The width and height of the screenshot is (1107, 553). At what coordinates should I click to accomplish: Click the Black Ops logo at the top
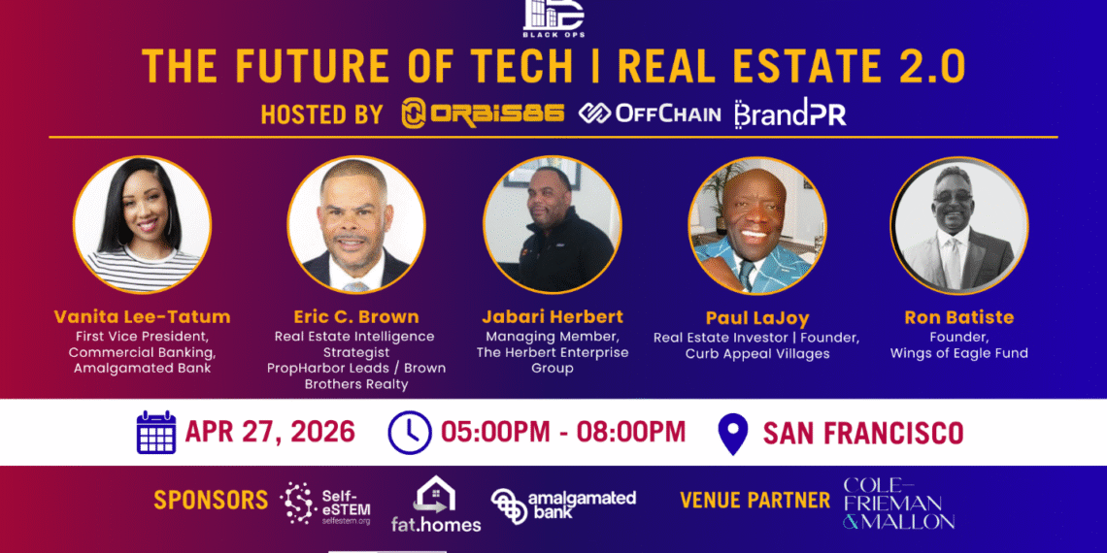coord(554,18)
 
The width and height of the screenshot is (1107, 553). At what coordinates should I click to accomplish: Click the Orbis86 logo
coord(483,114)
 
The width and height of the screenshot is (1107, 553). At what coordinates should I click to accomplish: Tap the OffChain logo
coord(650,114)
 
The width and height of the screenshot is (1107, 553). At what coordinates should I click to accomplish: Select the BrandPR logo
coord(790,114)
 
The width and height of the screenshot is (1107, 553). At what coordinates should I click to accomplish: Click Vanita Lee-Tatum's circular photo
coord(142,223)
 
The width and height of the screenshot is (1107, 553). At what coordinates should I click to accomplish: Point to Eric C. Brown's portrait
coord(355,223)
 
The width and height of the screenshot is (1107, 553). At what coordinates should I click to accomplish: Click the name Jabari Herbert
coord(553,315)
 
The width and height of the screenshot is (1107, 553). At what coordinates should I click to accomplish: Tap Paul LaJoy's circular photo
coord(757,224)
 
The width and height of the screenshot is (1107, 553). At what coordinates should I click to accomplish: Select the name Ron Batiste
coord(958,317)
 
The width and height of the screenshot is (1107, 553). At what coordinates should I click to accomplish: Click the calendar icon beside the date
coord(156,433)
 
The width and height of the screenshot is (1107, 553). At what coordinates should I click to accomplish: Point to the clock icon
coord(410,433)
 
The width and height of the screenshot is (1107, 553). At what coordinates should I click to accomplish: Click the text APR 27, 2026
coord(270,433)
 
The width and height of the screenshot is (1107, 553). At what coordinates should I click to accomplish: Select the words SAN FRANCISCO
coord(862,433)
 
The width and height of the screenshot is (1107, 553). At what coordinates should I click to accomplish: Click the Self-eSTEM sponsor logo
coord(325,504)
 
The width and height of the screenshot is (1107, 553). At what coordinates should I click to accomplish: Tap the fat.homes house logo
coord(436,504)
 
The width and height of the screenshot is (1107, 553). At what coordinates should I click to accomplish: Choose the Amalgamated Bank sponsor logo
coord(563,504)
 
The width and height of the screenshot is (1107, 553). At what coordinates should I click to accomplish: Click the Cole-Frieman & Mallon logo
coord(899,504)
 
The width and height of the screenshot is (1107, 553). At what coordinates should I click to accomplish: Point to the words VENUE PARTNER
coord(755,501)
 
